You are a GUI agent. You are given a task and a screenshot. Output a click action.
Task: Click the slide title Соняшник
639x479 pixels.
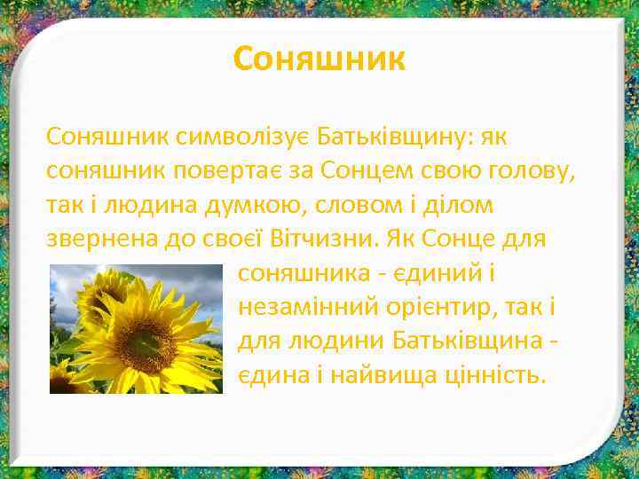coord(319,59)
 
